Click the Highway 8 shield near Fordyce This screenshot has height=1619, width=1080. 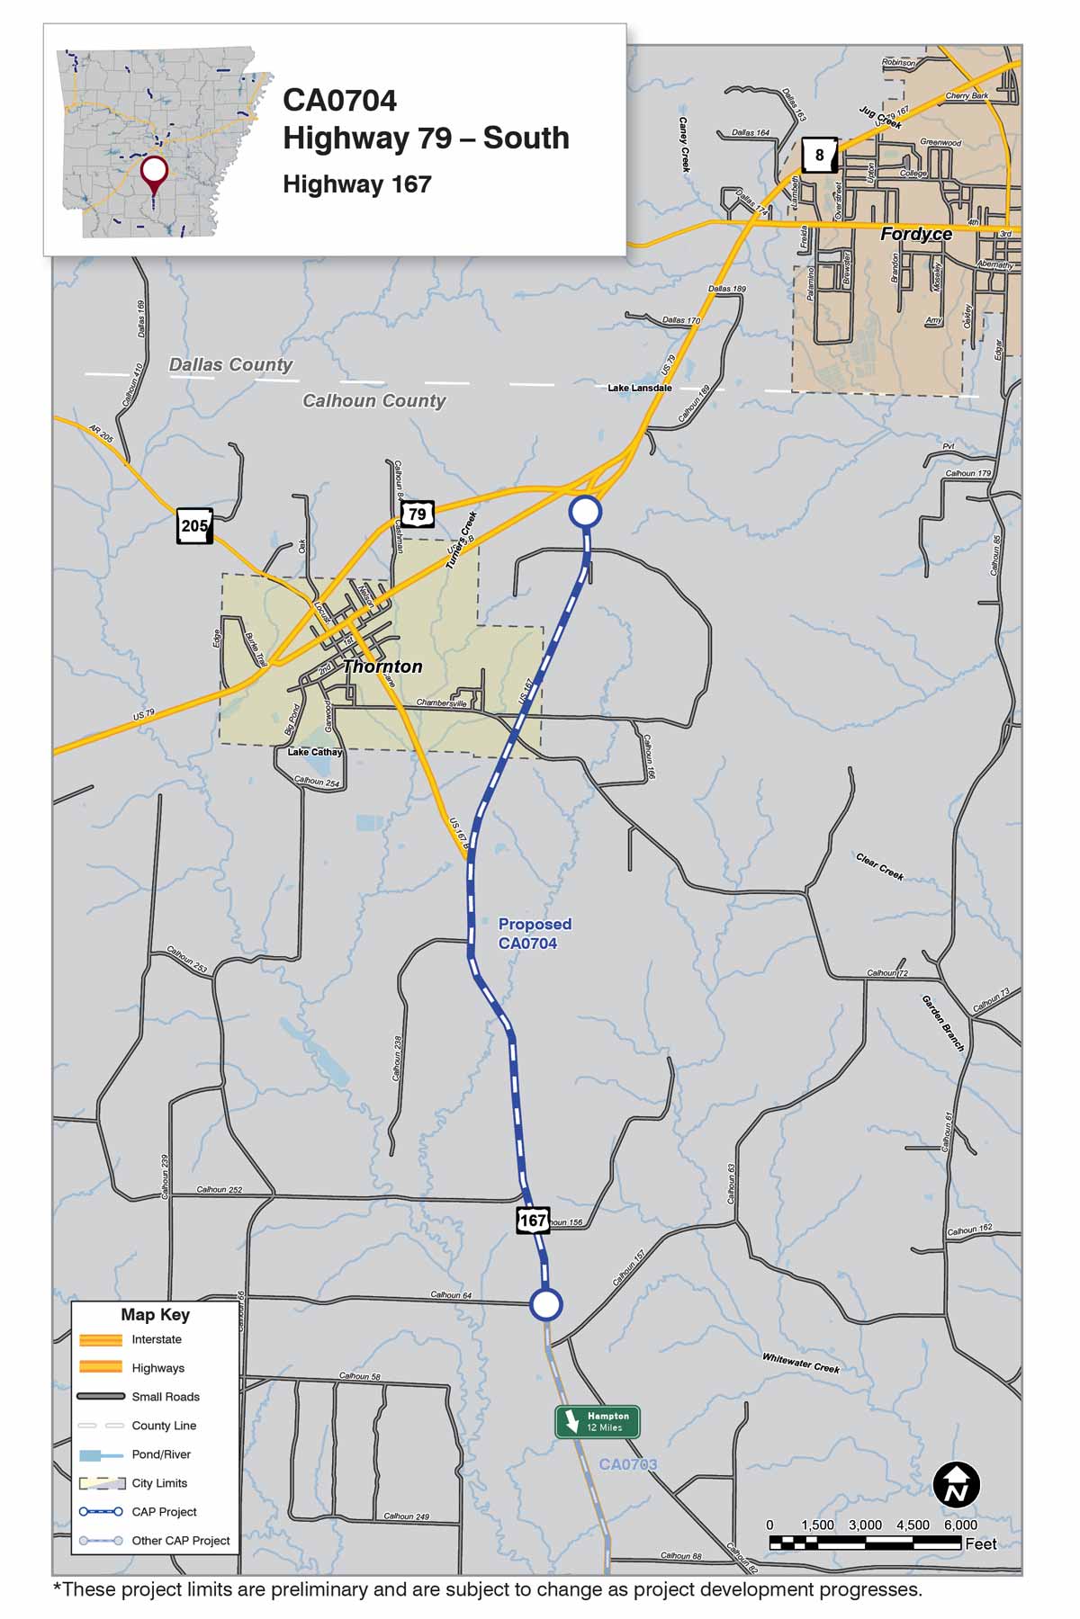point(819,155)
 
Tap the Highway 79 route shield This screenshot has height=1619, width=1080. point(417,514)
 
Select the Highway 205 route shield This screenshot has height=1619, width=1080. point(194,526)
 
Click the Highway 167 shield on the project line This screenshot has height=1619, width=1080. point(533,1221)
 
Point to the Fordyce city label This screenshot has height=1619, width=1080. point(915,234)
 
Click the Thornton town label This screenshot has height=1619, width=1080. point(382,666)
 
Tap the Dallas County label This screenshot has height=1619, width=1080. point(230,364)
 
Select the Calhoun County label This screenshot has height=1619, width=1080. point(373,400)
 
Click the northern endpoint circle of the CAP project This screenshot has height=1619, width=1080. point(585,512)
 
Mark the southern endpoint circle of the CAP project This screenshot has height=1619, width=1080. point(545,1304)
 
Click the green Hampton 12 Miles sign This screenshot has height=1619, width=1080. point(598,1421)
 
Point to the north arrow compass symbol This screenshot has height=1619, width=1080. point(956,1485)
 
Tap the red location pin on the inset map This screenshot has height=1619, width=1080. point(154,172)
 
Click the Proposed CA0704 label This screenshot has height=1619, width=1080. point(535,934)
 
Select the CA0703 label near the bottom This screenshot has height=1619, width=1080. point(627,1464)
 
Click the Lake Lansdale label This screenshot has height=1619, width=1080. point(639,388)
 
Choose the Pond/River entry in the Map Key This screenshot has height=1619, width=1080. point(161,1454)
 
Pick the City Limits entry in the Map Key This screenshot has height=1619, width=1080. point(159,1483)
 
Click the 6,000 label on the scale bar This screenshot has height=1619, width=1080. point(960,1525)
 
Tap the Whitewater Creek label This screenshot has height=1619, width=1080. point(800,1364)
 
